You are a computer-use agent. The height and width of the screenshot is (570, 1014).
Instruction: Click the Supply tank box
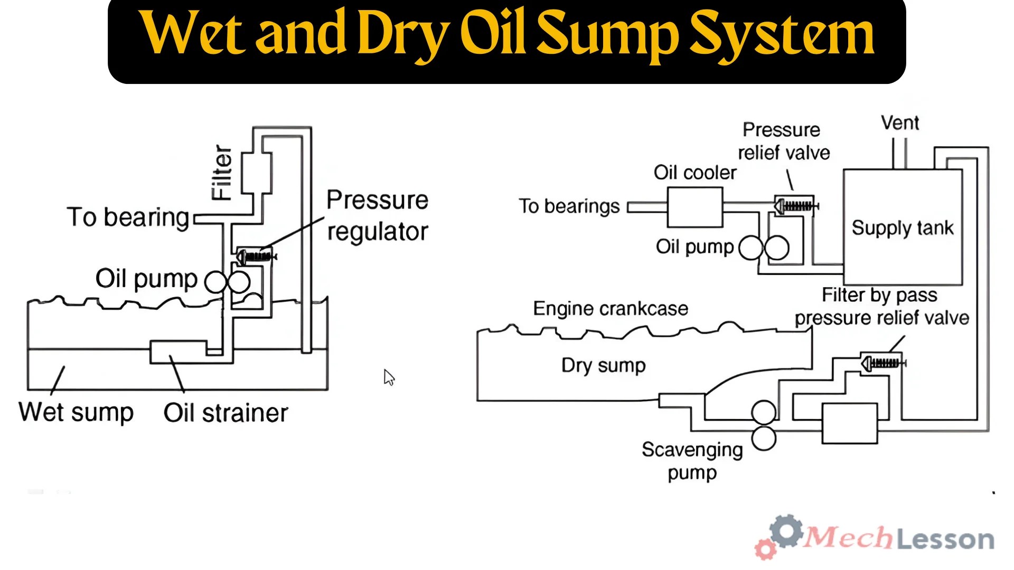click(903, 227)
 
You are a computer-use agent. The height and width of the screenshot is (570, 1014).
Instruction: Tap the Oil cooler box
click(694, 207)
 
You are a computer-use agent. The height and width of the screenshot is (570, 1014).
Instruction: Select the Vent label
click(900, 123)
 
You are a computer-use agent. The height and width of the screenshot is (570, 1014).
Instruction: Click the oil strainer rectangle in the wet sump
click(178, 351)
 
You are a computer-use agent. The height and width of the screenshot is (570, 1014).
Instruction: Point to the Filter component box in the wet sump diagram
click(257, 173)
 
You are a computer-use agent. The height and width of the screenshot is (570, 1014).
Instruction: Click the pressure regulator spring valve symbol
click(257, 256)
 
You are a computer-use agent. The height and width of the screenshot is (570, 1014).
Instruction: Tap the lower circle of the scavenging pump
click(764, 438)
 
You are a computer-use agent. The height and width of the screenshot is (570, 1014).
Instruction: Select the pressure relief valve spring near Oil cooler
click(796, 206)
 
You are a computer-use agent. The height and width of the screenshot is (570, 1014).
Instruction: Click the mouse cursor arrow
click(389, 377)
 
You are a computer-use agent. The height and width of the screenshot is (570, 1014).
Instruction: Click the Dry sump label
click(603, 365)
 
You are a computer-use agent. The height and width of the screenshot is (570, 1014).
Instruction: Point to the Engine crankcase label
click(611, 309)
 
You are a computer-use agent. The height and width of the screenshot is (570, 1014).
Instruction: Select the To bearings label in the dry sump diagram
click(569, 206)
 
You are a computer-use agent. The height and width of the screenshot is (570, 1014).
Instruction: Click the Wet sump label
click(76, 412)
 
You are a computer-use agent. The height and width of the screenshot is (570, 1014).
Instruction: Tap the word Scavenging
click(692, 450)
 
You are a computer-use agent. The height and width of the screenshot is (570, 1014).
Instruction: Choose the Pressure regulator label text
click(377, 215)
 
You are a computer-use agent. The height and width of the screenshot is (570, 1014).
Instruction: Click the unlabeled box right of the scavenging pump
click(849, 423)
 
